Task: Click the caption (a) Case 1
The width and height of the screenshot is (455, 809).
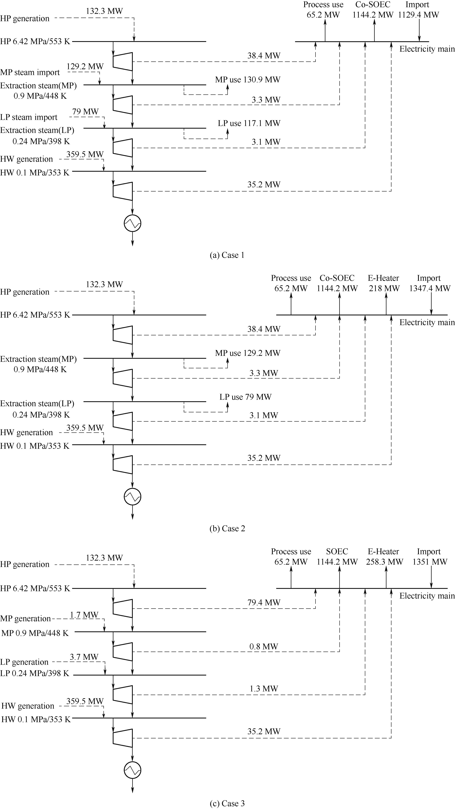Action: pyautogui.click(x=227, y=255)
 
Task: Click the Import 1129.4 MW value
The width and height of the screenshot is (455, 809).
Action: pyautogui.click(x=418, y=15)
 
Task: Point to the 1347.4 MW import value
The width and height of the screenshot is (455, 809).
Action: pyautogui.click(x=430, y=288)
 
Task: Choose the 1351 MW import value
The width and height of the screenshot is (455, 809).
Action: pyautogui.click(x=430, y=562)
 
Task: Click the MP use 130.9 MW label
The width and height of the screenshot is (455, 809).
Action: pyautogui.click(x=247, y=80)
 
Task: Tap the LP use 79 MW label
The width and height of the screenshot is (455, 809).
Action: pyautogui.click(x=245, y=397)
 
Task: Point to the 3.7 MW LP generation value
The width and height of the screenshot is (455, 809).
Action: pyautogui.click(x=84, y=657)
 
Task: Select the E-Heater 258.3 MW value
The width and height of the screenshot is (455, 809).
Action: pyautogui.click(x=384, y=562)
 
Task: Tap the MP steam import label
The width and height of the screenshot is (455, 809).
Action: pyautogui.click(x=30, y=73)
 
